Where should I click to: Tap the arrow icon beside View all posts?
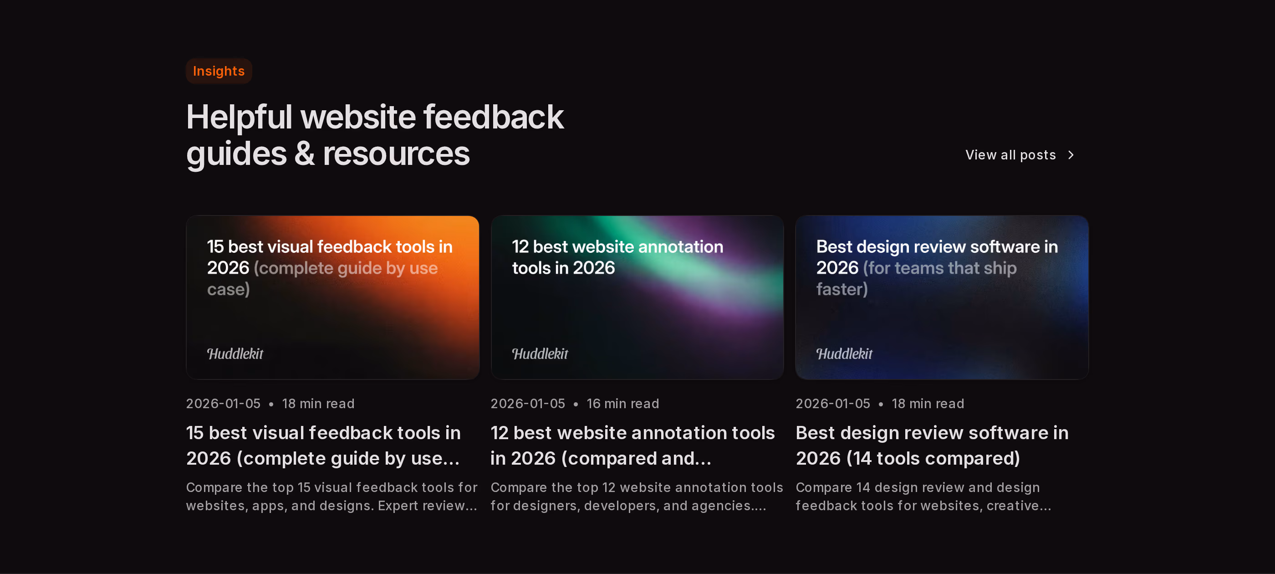pyautogui.click(x=1071, y=155)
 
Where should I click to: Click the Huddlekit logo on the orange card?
pyautogui.click(x=235, y=354)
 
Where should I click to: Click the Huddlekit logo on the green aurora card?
pyautogui.click(x=540, y=354)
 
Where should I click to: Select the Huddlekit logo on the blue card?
pyautogui.click(x=844, y=354)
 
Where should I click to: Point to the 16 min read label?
pyautogui.click(x=622, y=404)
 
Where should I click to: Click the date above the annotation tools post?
pyautogui.click(x=528, y=404)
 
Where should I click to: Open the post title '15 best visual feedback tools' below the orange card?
pyautogui.click(x=323, y=445)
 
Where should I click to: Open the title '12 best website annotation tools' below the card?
pyautogui.click(x=632, y=445)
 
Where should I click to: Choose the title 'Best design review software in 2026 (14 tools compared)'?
pyautogui.click(x=932, y=445)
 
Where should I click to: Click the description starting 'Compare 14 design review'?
pyautogui.click(x=923, y=496)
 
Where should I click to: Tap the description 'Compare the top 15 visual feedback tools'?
pyautogui.click(x=331, y=496)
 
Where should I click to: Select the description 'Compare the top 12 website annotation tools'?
pyautogui.click(x=637, y=496)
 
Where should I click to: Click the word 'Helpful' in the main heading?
pyautogui.click(x=239, y=118)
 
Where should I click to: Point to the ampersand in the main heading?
pyautogui.click(x=304, y=154)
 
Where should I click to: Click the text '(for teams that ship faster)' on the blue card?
pyautogui.click(x=916, y=278)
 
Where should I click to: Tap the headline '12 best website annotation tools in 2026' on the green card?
pyautogui.click(x=617, y=257)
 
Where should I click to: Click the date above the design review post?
pyautogui.click(x=832, y=404)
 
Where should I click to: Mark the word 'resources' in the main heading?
pyautogui.click(x=396, y=154)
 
